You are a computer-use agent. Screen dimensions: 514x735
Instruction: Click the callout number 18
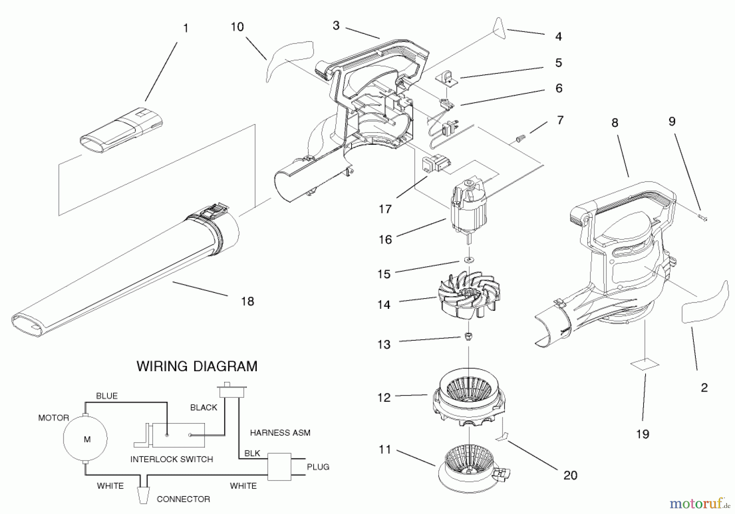click(x=247, y=301)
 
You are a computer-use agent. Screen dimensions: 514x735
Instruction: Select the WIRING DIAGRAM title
click(x=197, y=366)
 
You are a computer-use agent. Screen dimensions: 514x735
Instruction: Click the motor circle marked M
click(x=85, y=439)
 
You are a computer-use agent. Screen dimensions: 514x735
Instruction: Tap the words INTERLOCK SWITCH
click(x=171, y=459)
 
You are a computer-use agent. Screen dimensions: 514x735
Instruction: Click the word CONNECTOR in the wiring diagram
click(x=183, y=499)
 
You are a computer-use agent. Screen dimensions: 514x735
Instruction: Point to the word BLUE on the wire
click(x=107, y=396)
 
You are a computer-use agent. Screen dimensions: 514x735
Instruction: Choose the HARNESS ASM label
click(x=280, y=432)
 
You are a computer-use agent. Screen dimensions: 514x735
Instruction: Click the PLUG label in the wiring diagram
click(x=318, y=467)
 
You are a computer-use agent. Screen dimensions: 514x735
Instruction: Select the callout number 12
click(x=384, y=397)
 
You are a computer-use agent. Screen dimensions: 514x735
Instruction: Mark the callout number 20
click(x=570, y=475)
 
